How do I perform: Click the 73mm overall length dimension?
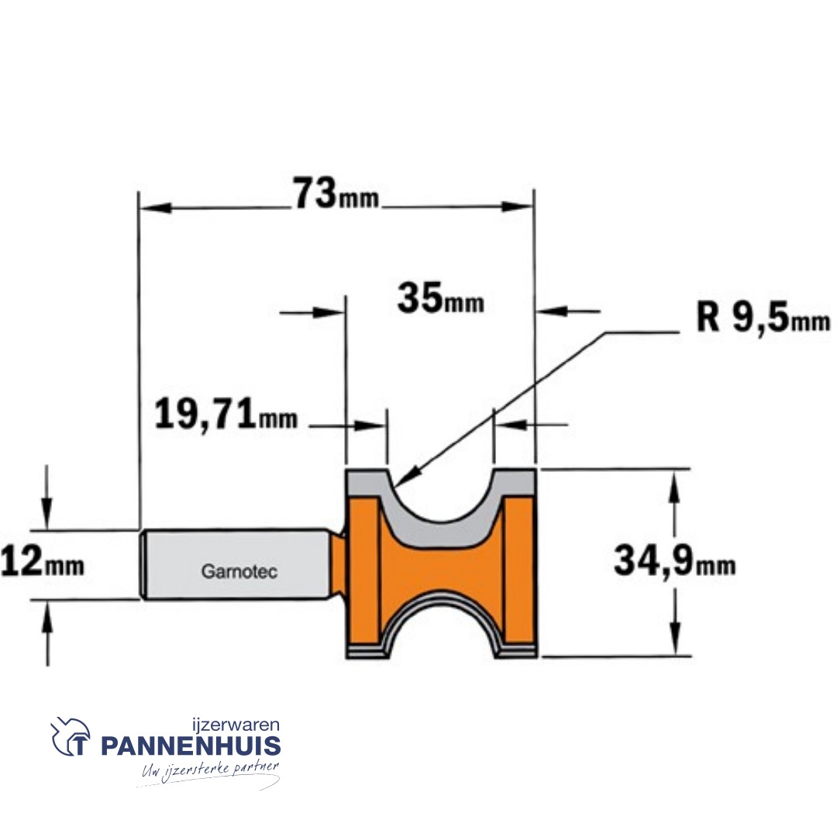click(x=336, y=194)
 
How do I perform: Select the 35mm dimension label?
click(x=440, y=299)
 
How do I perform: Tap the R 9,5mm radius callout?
click(x=762, y=319)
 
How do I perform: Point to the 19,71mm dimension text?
click(x=226, y=416)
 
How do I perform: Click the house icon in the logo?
click(x=71, y=737)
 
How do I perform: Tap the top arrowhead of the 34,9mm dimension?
click(x=676, y=484)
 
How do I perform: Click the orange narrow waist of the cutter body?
click(x=439, y=570)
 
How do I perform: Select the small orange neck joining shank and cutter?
click(x=338, y=564)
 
